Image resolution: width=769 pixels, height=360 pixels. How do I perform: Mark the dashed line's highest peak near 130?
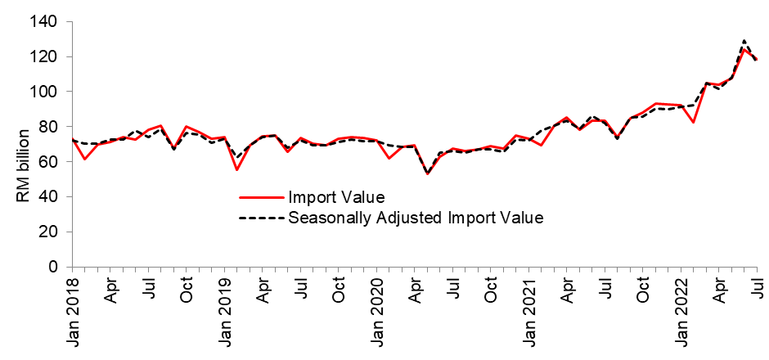744,40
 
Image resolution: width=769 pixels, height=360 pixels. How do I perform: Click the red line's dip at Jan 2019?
236,169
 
